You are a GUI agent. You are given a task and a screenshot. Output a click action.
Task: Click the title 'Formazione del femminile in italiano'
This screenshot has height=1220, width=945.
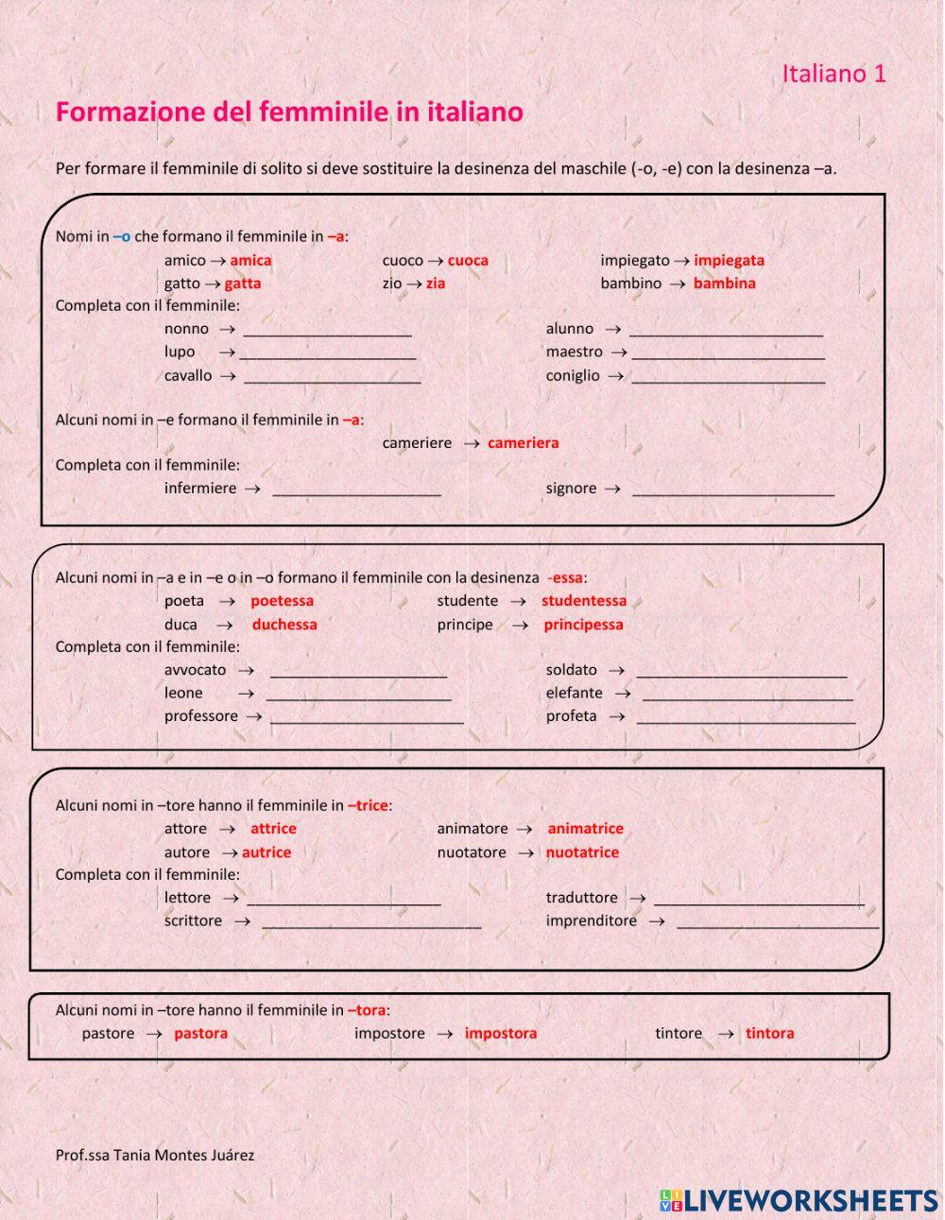(x=289, y=112)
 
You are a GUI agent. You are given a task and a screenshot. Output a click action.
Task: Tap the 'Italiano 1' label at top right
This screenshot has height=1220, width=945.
(x=833, y=74)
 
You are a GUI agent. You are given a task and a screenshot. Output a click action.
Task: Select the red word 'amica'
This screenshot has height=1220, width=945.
(x=250, y=260)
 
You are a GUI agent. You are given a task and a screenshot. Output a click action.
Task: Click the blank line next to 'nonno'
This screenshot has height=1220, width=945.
(x=327, y=330)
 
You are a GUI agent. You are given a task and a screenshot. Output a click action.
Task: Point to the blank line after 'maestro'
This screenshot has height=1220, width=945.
(x=728, y=352)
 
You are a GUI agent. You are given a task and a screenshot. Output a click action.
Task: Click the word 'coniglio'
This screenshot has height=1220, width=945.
(x=572, y=375)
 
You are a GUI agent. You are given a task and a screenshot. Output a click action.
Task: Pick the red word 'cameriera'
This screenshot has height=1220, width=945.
(x=523, y=442)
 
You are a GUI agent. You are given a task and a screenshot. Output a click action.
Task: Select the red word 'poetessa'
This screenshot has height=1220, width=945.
(x=282, y=601)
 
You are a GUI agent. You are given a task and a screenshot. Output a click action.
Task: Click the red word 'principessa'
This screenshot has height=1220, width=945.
(x=583, y=625)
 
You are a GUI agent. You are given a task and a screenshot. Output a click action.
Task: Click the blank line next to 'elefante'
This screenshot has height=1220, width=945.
(x=747, y=694)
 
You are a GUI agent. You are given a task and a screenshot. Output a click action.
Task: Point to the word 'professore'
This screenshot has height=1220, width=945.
(x=200, y=716)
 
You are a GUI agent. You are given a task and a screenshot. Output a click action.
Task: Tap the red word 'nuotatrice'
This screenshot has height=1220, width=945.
(x=582, y=852)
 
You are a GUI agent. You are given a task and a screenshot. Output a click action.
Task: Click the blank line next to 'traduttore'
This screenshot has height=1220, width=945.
(x=759, y=899)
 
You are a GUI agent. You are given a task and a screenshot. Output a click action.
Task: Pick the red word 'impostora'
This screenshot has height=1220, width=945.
(x=500, y=1033)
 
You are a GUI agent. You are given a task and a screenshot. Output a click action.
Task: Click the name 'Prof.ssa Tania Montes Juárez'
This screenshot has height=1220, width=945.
(x=155, y=1155)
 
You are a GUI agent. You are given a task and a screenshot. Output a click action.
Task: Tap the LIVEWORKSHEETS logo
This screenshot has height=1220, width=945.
(x=799, y=1200)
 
